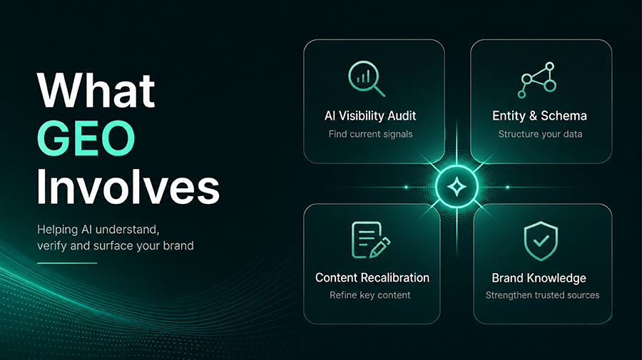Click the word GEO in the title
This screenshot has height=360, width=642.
(x=86, y=138)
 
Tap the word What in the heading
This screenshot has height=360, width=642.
(x=96, y=90)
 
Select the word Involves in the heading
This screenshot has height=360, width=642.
(x=128, y=187)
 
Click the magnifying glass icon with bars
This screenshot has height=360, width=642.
(x=367, y=78)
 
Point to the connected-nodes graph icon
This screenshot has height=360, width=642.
(x=536, y=80)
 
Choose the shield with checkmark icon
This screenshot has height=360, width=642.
(x=541, y=241)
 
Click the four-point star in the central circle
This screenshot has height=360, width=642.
(x=457, y=187)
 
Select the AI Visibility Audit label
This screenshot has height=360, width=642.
(x=370, y=115)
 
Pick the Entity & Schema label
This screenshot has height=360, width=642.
(x=540, y=115)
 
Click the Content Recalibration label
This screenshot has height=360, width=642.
(x=372, y=278)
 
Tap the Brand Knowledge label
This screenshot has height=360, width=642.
(x=539, y=278)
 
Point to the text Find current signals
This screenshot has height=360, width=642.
(x=370, y=134)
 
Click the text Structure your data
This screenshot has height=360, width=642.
(x=540, y=134)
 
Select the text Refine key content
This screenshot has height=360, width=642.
(x=370, y=295)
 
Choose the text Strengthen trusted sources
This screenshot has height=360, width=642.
(x=543, y=295)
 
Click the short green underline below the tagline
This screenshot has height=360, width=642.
(x=67, y=263)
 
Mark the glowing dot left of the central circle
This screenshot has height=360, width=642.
(x=406, y=187)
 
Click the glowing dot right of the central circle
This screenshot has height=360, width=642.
(x=508, y=187)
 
